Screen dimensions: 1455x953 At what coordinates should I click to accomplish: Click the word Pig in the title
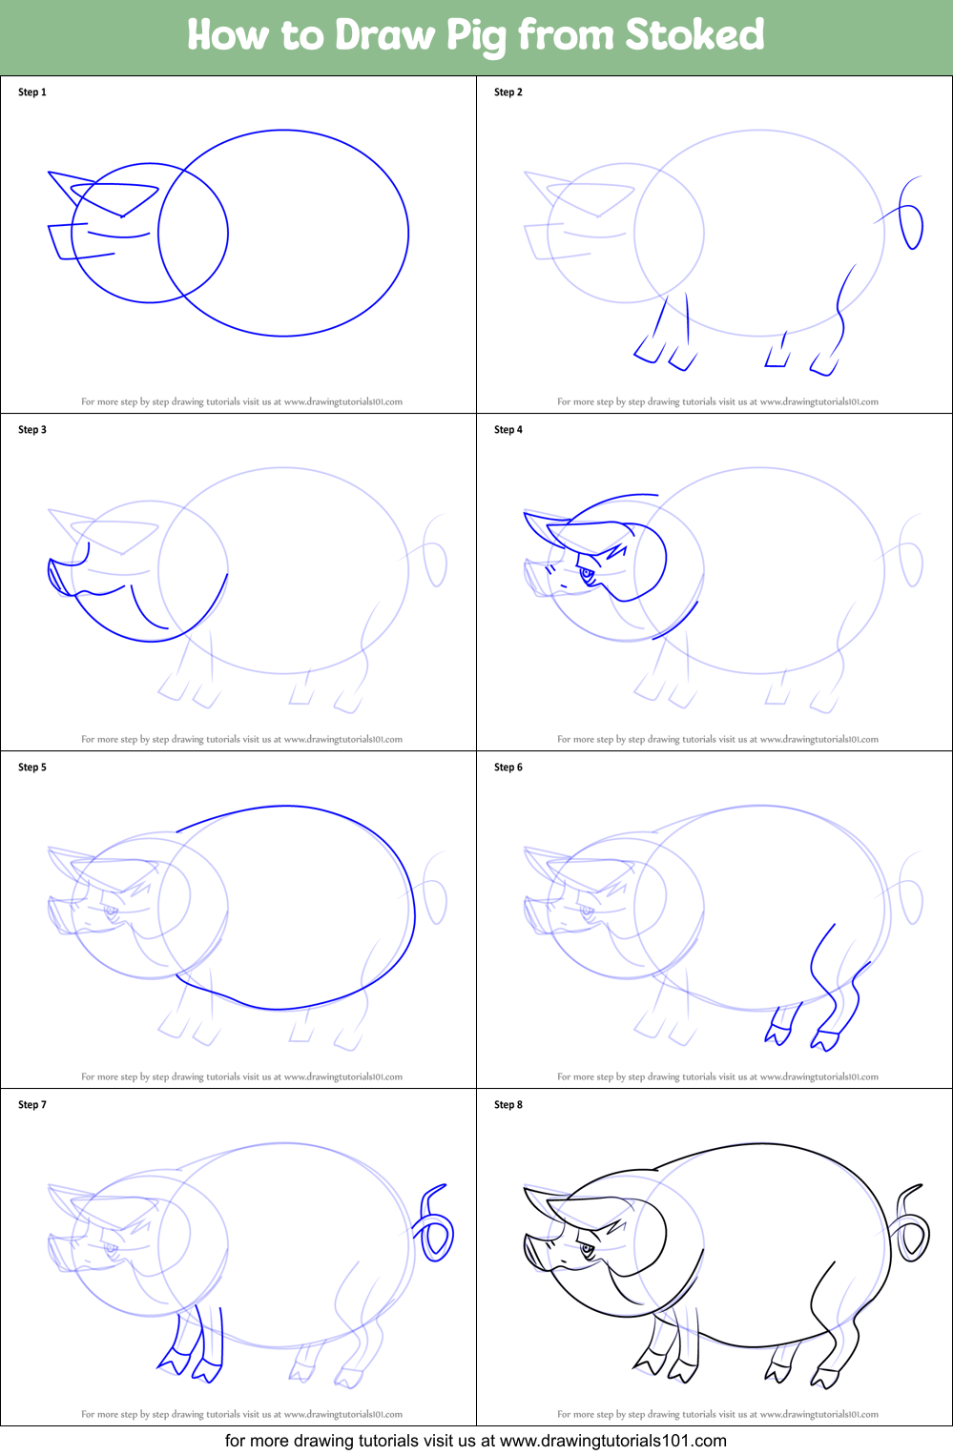point(477,36)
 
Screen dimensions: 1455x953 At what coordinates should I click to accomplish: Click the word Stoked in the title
point(694,35)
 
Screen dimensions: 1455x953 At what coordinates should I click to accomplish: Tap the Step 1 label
point(32,92)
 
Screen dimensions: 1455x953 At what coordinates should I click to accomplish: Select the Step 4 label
point(508,430)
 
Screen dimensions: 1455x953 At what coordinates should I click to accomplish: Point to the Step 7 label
point(32,1105)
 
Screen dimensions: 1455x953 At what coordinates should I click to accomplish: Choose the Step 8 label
point(508,1105)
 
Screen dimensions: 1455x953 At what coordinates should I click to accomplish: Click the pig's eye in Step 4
point(587,574)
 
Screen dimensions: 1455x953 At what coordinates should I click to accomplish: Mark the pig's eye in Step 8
point(587,1249)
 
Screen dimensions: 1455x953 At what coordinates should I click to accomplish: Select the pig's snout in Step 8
point(534,1252)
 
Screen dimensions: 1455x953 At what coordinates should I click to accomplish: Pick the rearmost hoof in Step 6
point(826,1040)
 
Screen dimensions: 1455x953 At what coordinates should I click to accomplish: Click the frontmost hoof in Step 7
point(173,1363)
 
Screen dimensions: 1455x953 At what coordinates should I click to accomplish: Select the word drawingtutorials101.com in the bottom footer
point(613,1441)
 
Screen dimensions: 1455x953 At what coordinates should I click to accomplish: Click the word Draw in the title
point(384,35)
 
